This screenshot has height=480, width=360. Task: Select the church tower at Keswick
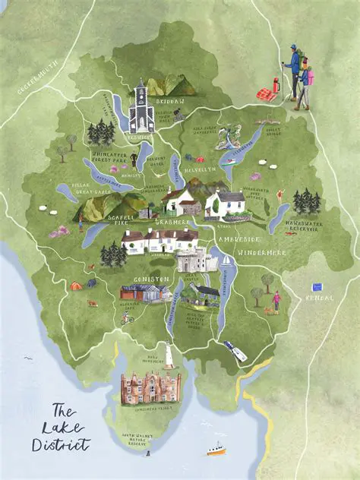pyautogui.click(x=141, y=108)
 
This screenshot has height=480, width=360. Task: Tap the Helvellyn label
pyautogui.click(x=200, y=169)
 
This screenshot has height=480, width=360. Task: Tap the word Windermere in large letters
pyautogui.click(x=258, y=251)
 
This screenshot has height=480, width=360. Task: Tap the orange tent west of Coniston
pyautogui.click(x=77, y=286)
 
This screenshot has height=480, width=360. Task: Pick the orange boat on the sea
pyautogui.click(x=216, y=450)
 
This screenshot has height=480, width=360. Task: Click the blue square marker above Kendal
pyautogui.click(x=317, y=288)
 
